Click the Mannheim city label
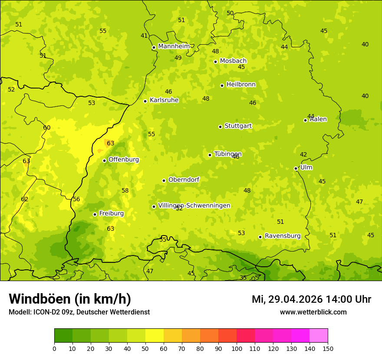pyautogui.click(x=174, y=46)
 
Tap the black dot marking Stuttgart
pyautogui.click(x=220, y=127)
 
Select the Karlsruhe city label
pyautogui.click(x=164, y=100)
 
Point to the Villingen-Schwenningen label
pyautogui.click(x=194, y=206)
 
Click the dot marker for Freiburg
pyautogui.click(x=95, y=214)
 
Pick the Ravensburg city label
pyautogui.click(x=283, y=236)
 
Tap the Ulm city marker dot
pyautogui.click(x=296, y=168)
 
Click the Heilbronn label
pyautogui.click(x=241, y=85)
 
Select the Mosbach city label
pyautogui.click(x=233, y=61)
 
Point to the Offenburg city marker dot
pyautogui.click(x=104, y=160)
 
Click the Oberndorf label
pyautogui.click(x=184, y=180)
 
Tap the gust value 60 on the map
pyautogui.click(x=47, y=128)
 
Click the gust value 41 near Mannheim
pyautogui.click(x=144, y=36)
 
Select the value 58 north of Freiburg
pyautogui.click(x=125, y=190)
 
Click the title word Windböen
pyautogui.click(x=40, y=299)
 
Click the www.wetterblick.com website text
pyautogui.click(x=313, y=312)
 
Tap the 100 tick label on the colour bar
pyautogui.click(x=237, y=349)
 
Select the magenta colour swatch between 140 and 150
pyautogui.click(x=318, y=335)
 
